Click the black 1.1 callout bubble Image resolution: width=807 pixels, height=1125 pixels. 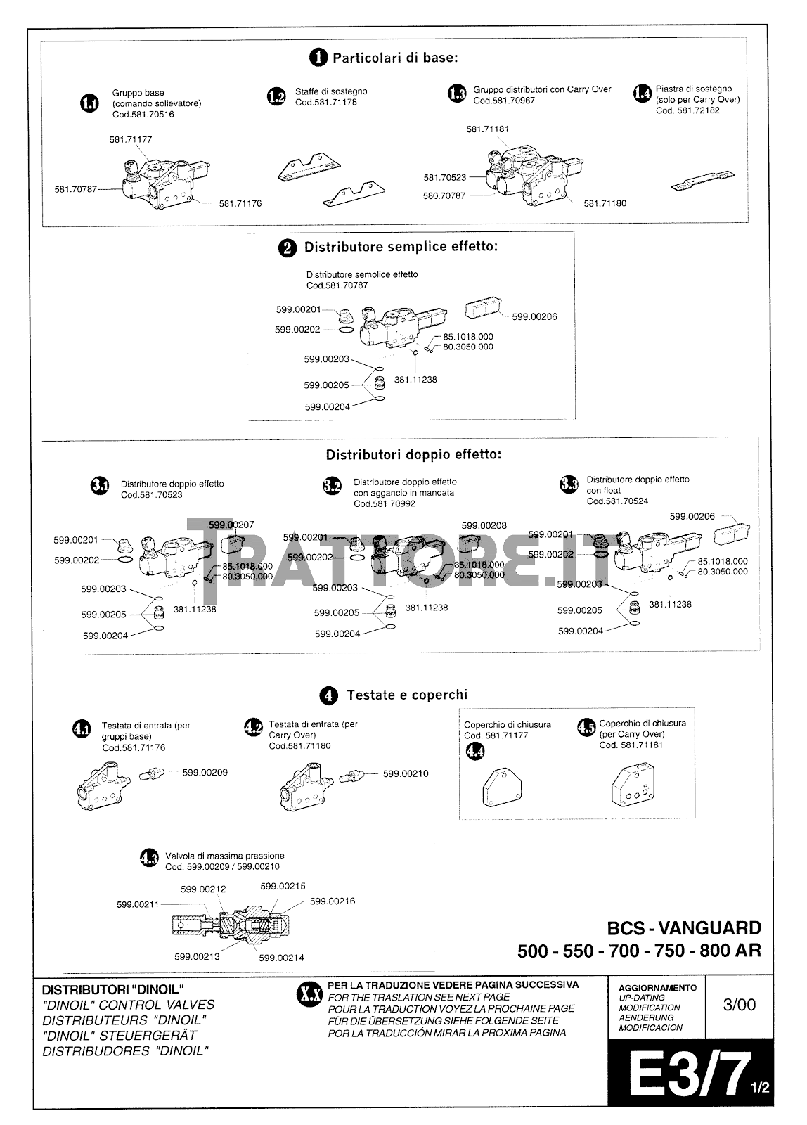click(89, 103)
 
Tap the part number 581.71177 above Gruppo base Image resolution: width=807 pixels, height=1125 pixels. click(130, 139)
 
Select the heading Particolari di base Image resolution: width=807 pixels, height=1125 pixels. click(395, 58)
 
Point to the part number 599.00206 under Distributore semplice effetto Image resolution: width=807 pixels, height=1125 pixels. click(534, 316)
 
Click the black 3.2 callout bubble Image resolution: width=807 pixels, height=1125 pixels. click(332, 486)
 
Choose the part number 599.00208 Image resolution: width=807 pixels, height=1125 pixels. click(484, 525)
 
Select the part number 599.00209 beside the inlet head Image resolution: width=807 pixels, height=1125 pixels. click(205, 772)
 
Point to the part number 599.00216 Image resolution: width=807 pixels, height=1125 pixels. click(333, 901)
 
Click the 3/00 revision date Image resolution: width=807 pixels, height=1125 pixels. click(740, 1004)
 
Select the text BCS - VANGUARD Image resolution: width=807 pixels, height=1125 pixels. click(684, 927)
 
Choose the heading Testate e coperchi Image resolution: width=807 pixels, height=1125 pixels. click(406, 695)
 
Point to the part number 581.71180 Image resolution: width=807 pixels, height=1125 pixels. click(605, 203)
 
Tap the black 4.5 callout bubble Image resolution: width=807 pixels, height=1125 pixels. click(586, 727)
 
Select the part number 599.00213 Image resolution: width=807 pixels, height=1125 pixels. click(197, 956)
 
